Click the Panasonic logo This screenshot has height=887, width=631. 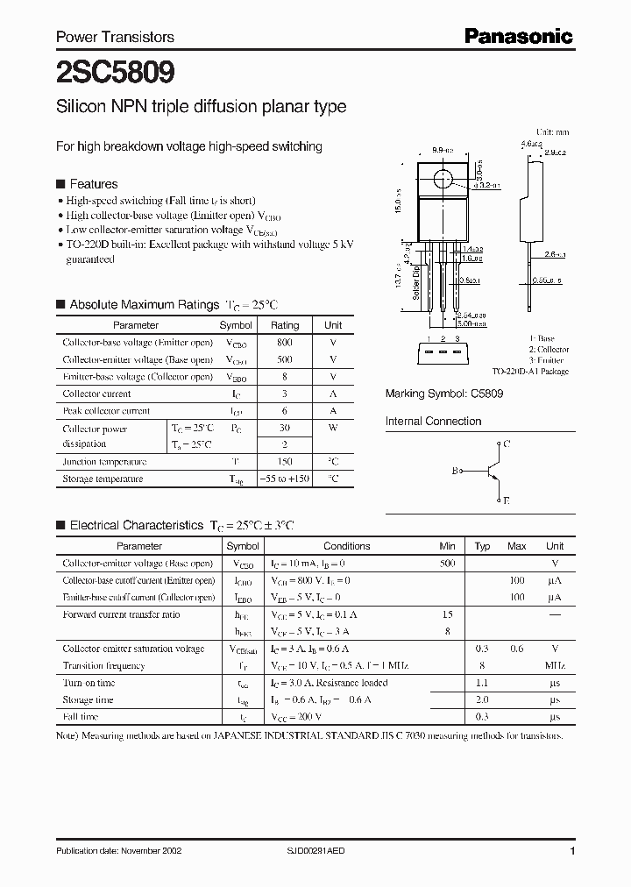(x=518, y=36)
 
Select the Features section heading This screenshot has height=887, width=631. (x=93, y=184)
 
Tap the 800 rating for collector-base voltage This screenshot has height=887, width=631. (x=285, y=343)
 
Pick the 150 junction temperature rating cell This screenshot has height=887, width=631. (x=285, y=462)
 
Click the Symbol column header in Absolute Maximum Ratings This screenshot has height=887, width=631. (x=235, y=325)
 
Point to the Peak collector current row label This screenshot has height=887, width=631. (x=106, y=411)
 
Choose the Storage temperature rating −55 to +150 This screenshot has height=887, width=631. (x=285, y=479)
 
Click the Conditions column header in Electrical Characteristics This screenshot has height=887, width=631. (x=347, y=546)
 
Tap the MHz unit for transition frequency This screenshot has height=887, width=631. (x=554, y=666)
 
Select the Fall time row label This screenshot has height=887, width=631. (x=82, y=717)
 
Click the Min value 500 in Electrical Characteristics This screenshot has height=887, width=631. (x=447, y=564)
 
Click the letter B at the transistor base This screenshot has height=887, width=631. (x=455, y=472)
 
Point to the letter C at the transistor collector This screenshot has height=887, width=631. (x=507, y=445)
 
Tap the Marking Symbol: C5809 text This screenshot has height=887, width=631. (x=444, y=394)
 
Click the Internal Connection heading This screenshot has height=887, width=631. (x=433, y=422)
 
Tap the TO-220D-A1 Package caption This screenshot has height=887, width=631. (x=530, y=372)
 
